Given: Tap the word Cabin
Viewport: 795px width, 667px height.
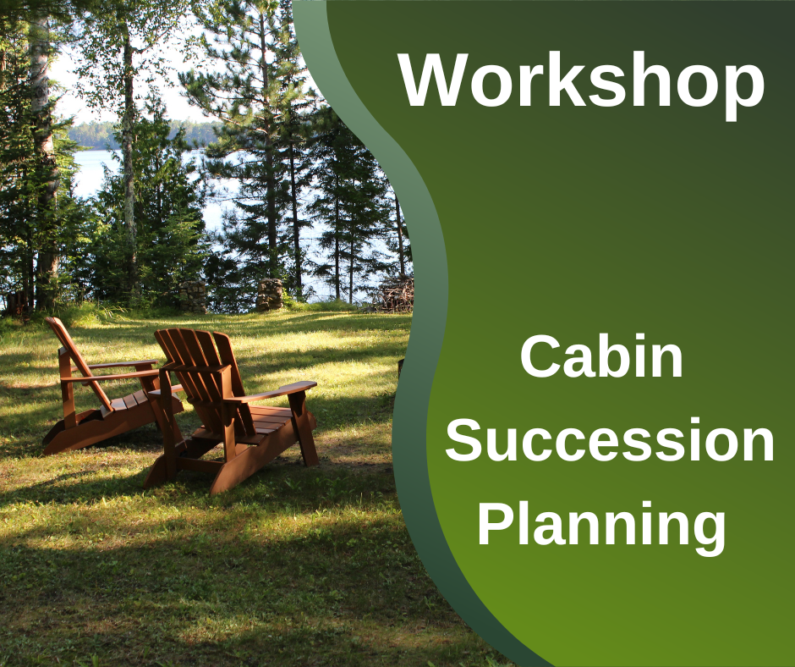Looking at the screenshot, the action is pyautogui.click(x=601, y=356).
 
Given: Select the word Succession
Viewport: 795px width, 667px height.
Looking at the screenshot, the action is pyautogui.click(x=610, y=439).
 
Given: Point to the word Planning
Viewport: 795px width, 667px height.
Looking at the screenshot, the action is pyautogui.click(x=601, y=526).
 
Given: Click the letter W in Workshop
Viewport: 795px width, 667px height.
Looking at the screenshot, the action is pyautogui.click(x=433, y=80).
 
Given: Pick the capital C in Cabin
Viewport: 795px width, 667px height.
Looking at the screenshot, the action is pyautogui.click(x=540, y=356).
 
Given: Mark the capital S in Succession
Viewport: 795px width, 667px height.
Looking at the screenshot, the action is pyautogui.click(x=463, y=439).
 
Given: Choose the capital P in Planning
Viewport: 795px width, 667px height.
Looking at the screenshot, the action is pyautogui.click(x=496, y=522).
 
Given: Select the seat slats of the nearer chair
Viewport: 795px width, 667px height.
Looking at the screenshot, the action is pyautogui.click(x=264, y=421).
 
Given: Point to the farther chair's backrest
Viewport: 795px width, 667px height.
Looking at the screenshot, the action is pyautogui.click(x=76, y=356).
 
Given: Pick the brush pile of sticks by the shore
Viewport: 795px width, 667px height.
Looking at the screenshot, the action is pyautogui.click(x=397, y=294).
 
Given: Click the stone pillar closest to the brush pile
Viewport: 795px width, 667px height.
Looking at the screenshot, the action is pyautogui.click(x=269, y=295).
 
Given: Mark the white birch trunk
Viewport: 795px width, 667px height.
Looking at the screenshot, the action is pyautogui.click(x=44, y=152).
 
